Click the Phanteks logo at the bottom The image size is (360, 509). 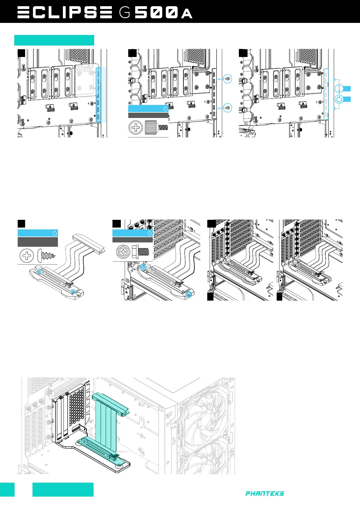point(265,494)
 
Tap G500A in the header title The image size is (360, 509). point(156,13)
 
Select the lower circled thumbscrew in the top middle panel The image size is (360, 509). point(228,108)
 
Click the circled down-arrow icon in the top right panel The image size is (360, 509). point(339,89)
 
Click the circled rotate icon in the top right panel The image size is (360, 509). point(339,99)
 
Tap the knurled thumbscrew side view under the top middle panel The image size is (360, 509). point(156,127)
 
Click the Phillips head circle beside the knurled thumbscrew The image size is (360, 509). point(136,128)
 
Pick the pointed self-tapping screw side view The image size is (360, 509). point(47,256)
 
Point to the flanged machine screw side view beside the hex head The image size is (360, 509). point(141,251)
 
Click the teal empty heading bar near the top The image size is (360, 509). point(54,40)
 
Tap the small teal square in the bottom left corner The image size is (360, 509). point(7,489)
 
